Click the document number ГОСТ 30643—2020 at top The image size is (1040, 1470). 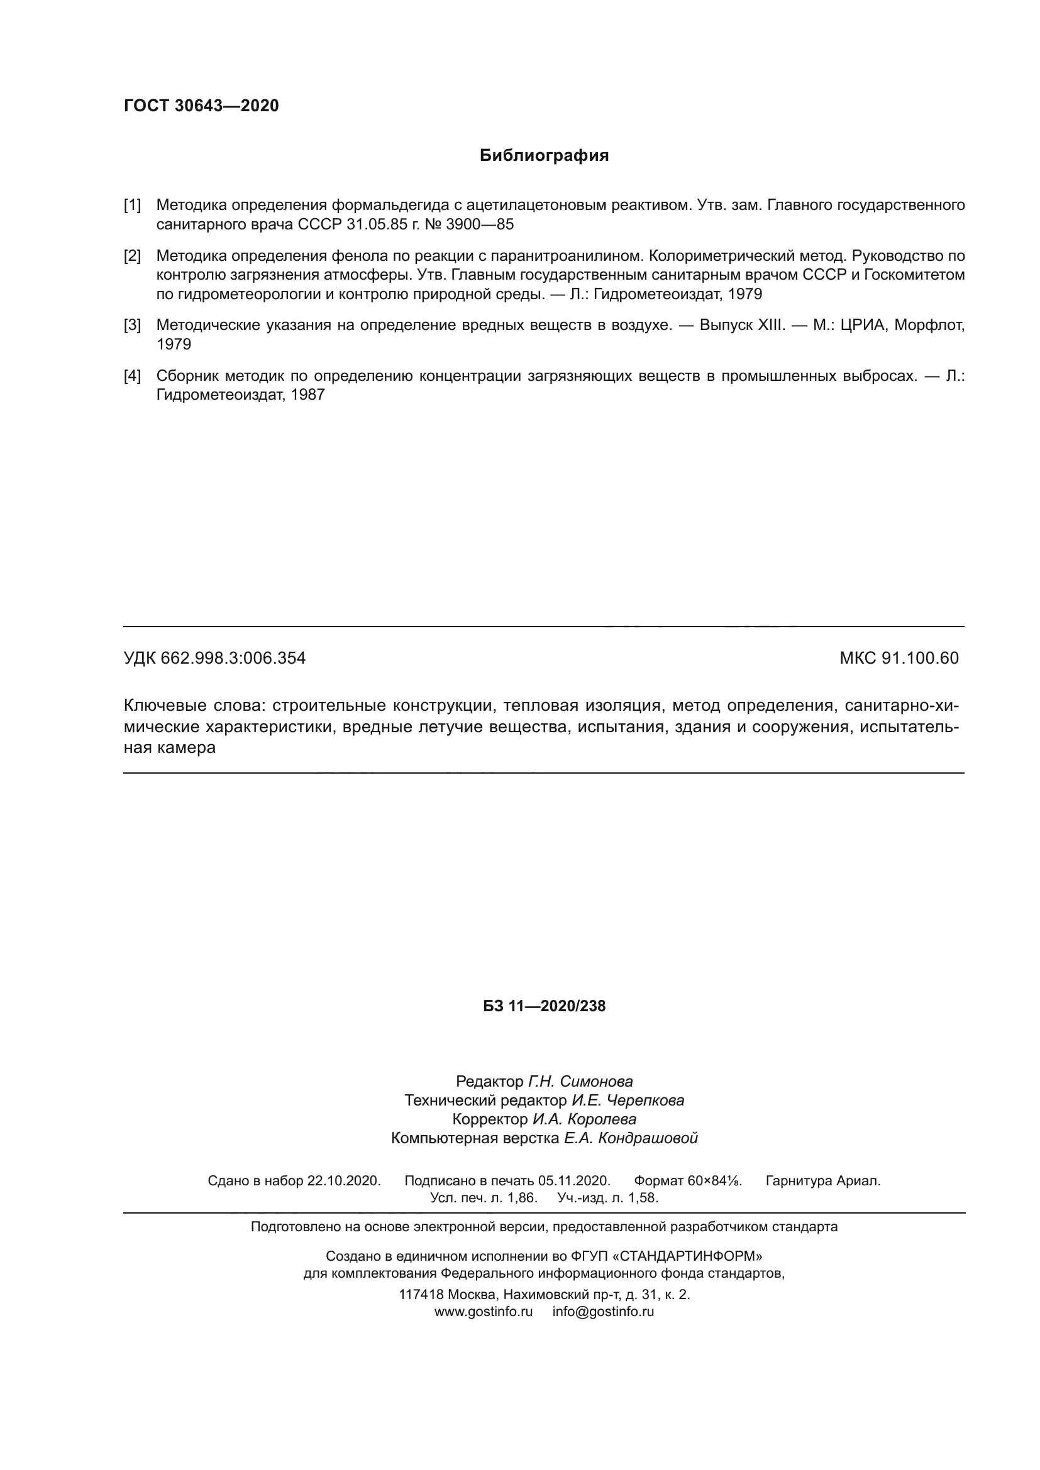click(x=201, y=106)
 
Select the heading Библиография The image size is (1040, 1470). click(x=544, y=156)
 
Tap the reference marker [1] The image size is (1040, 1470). click(x=132, y=206)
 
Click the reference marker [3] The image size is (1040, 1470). click(x=132, y=326)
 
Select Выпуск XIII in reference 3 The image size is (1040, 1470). click(x=741, y=326)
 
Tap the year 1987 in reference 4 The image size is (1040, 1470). click(x=307, y=395)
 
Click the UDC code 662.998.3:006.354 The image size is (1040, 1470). click(x=233, y=658)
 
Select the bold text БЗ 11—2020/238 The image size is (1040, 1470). click(x=544, y=1006)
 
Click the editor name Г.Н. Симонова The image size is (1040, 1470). click(x=580, y=1082)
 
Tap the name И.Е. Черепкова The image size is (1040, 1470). click(x=628, y=1100)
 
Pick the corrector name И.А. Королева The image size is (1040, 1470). click(x=584, y=1120)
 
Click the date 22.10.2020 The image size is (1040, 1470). click(x=344, y=1182)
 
